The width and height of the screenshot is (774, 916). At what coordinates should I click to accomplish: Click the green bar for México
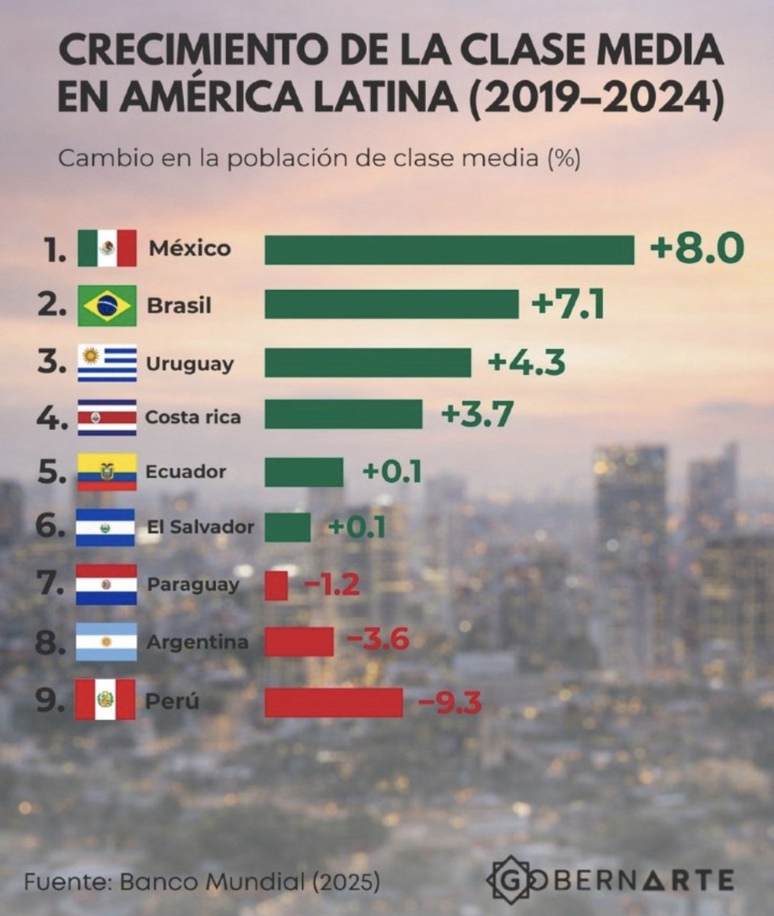(449, 250)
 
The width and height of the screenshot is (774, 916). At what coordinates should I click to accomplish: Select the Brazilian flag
(107, 306)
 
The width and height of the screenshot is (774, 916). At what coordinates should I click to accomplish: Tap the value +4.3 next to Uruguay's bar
(527, 363)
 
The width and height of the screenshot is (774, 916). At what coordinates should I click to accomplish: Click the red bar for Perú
(334, 702)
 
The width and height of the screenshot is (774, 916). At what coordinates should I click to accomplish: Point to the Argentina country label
(198, 642)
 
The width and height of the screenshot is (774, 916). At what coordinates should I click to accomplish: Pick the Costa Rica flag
(107, 418)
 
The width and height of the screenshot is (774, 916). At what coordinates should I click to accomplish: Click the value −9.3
(450, 702)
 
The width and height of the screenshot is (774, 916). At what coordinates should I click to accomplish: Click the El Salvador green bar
(288, 527)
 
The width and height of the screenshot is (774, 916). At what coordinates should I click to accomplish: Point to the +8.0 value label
(696, 249)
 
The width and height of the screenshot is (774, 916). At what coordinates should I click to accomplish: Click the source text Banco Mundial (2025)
(248, 882)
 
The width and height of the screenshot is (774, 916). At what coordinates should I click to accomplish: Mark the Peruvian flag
(105, 700)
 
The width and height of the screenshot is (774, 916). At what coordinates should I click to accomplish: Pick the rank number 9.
(51, 700)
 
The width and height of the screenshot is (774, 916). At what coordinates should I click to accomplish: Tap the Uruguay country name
(189, 363)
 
